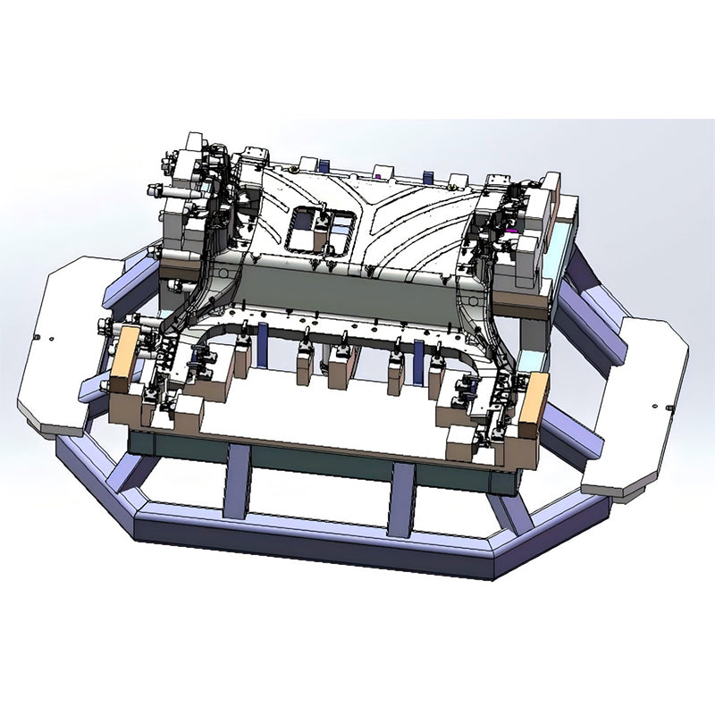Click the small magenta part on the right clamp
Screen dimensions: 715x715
click(x=512, y=229)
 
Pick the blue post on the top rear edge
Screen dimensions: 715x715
click(x=323, y=164)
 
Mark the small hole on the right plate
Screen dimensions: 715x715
click(x=669, y=408)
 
